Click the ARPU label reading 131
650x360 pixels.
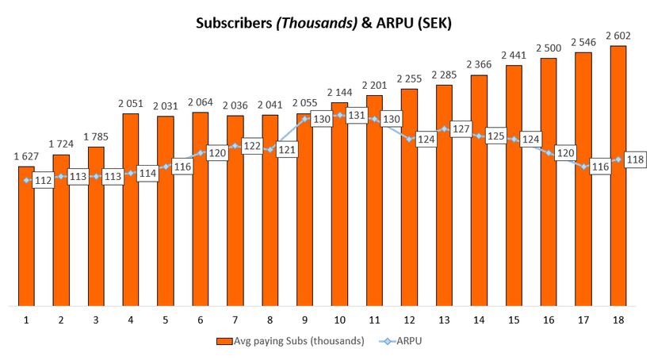pos(357,116)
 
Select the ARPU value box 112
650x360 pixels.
pos(44,181)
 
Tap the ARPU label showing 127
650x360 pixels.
pos(461,129)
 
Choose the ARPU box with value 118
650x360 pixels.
pos(636,160)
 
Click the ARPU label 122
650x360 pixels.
pos(252,147)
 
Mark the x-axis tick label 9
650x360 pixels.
pos(304,320)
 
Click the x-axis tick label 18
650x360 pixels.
pos(618,320)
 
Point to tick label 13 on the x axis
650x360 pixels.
pos(444,320)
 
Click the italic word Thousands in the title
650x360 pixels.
pos(315,24)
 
